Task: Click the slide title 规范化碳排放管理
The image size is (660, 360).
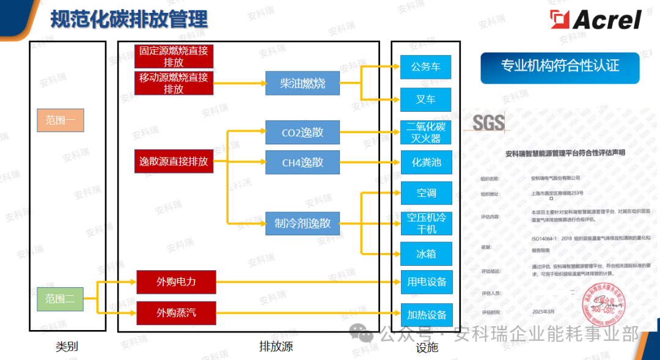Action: coord(128,19)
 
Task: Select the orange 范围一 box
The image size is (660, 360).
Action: coord(60,120)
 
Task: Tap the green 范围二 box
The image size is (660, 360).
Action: coord(60,299)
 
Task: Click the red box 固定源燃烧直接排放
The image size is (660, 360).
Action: coord(174,56)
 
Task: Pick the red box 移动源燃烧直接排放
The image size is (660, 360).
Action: coord(174,83)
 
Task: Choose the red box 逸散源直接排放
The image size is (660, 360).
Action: coord(174,162)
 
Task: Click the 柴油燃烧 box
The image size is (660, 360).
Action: coord(302,83)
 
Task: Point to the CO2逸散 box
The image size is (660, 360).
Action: coord(302,132)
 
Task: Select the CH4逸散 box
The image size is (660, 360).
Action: coord(302,162)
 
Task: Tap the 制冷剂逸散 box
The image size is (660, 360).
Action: coord(302,223)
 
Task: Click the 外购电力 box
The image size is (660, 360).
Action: coord(176,282)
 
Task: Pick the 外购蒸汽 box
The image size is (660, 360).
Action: coord(176,314)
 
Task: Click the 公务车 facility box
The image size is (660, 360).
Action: coord(426,67)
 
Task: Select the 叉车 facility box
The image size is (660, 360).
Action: coord(426,99)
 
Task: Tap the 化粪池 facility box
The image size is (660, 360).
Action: coord(426,163)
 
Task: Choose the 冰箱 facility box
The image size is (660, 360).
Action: coord(426,254)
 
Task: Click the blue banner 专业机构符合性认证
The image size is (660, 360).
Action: coord(560,67)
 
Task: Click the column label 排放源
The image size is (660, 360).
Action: coord(276,347)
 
